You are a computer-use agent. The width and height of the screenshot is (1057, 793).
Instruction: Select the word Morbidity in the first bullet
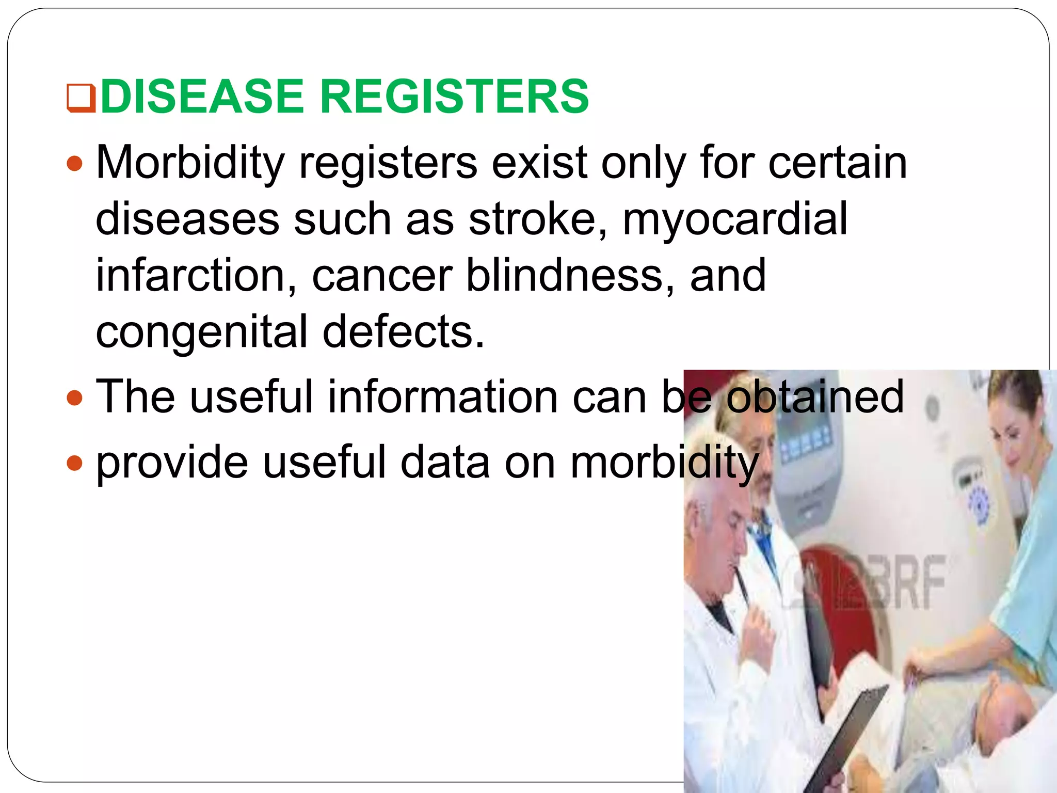point(190,163)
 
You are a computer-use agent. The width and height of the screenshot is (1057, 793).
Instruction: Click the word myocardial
point(735,219)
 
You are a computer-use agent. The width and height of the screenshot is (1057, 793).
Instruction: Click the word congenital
point(201,332)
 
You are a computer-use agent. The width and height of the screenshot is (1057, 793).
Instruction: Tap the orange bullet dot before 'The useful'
point(75,398)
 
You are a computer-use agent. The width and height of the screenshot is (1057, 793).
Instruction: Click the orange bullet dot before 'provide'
point(75,463)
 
